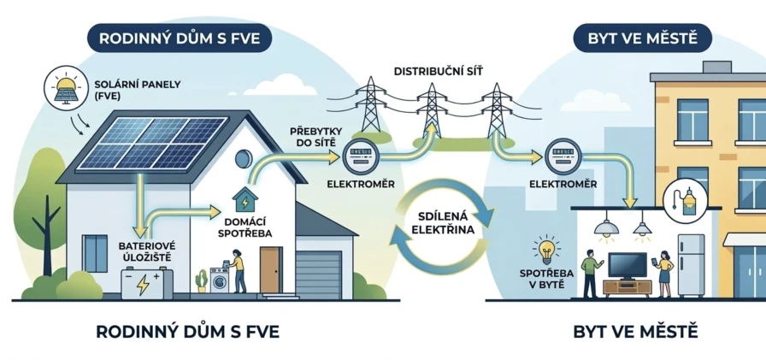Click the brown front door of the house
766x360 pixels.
[271, 269]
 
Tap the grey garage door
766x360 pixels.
[329, 274]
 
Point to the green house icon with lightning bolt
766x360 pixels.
[245, 200]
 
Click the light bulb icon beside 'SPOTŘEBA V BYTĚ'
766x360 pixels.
[547, 251]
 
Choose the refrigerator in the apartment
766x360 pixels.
[691, 265]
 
